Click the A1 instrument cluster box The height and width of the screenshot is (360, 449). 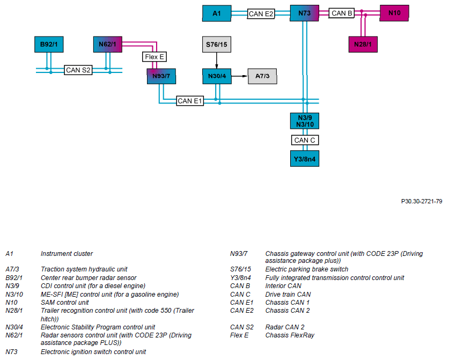[217, 13]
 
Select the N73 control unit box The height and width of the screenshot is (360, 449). [304, 13]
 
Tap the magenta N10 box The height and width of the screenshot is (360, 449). [394, 13]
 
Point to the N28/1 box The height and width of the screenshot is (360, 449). [363, 45]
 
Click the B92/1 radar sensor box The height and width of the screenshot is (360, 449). [49, 45]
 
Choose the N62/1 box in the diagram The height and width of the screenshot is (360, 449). [108, 45]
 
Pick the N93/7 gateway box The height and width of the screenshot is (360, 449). [161, 76]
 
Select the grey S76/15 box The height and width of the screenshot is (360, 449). [217, 45]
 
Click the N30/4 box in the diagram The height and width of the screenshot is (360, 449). [217, 76]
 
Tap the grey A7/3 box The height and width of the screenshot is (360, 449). [262, 76]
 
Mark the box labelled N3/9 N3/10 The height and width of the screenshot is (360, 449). [305, 121]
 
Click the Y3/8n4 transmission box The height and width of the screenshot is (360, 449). [305, 159]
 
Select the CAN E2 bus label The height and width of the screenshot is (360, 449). [261, 14]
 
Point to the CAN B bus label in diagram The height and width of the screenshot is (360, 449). [342, 13]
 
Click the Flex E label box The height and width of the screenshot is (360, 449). [154, 57]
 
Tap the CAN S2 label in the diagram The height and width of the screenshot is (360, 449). [78, 70]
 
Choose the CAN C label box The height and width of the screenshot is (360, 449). [305, 140]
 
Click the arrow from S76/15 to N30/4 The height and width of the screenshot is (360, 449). [217, 61]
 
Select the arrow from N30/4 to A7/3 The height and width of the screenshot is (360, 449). [239, 76]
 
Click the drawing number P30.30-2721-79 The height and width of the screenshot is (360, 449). [422, 201]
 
